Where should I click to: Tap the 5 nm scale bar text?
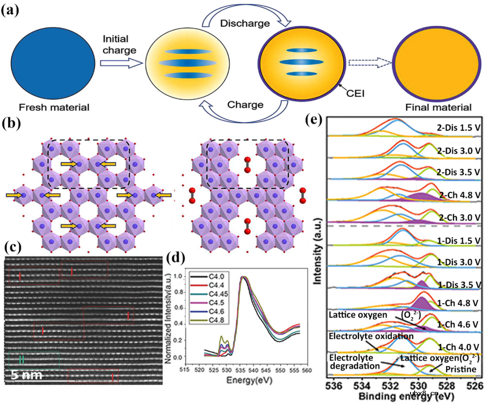pyautogui.click(x=26, y=375)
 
